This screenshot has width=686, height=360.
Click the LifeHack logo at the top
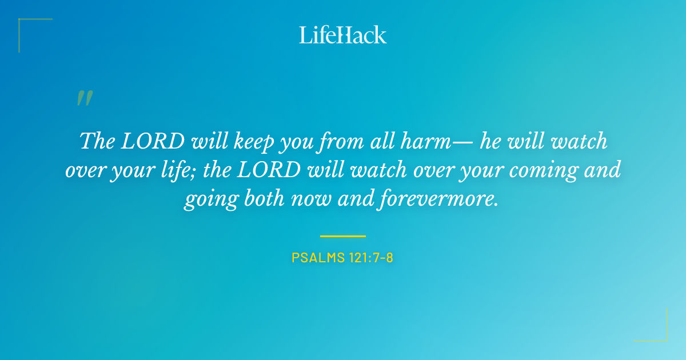click(343, 35)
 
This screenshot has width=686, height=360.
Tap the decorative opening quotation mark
click(84, 99)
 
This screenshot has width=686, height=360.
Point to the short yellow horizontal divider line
click(343, 235)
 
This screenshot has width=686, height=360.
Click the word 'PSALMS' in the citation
click(316, 258)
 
